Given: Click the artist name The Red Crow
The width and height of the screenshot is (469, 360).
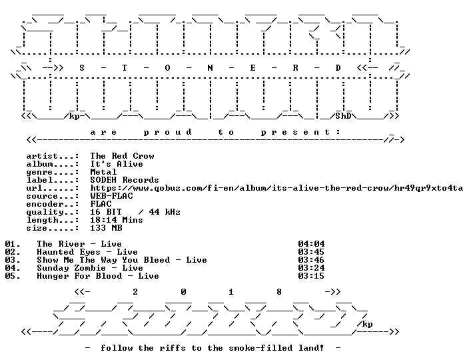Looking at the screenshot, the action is coord(123,156).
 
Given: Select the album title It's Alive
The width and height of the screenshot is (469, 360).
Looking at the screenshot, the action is coord(117,164).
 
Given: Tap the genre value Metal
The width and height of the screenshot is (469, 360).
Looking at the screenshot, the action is coord(103,172).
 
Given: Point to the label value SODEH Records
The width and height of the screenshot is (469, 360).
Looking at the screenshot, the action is coord(125,180).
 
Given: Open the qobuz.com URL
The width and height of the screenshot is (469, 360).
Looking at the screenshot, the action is coord(276,188).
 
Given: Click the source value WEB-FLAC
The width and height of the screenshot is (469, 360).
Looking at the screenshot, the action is coord(111,196).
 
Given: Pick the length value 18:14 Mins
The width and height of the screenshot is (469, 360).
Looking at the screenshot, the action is coord(117,220).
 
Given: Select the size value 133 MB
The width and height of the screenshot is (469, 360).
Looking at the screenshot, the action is coord(106,228).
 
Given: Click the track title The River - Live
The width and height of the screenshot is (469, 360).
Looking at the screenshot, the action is coord(79,244).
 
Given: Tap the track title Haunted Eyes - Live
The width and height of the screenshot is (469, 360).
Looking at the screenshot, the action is coord(87,252).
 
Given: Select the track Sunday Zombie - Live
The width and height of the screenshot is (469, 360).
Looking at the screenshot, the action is coord(90,268).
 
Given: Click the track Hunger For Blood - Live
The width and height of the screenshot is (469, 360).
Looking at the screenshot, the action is coord(98,276).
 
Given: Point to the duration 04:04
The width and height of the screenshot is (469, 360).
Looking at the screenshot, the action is coord(311,244).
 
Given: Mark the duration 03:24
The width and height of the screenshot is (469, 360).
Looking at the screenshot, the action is coord(311,268).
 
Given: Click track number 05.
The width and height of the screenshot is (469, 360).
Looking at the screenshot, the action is coord(13,276).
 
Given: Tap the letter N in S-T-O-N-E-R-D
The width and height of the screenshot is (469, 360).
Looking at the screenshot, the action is coord(210,68).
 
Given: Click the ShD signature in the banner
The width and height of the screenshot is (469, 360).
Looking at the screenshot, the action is coord(343,116).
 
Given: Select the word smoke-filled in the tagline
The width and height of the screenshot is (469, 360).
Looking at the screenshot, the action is coord(261,348).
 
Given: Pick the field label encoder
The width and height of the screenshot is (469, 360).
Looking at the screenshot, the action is coord(45,204).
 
